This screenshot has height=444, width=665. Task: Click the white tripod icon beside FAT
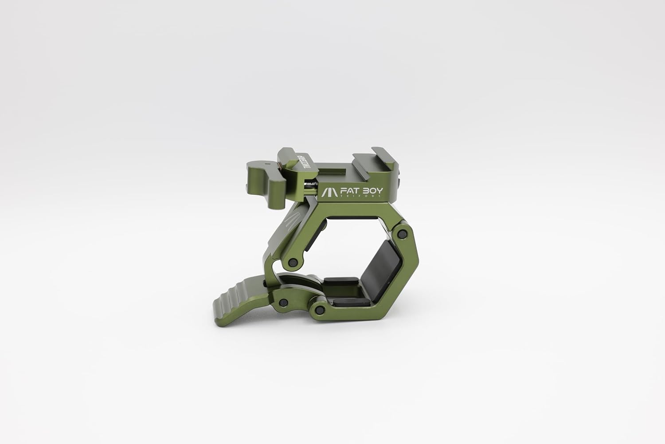click(329, 192)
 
